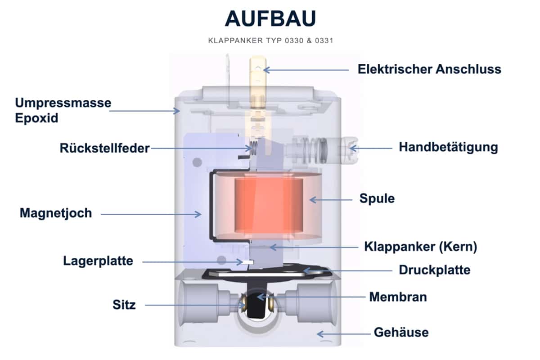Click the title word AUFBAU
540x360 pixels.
click(x=270, y=19)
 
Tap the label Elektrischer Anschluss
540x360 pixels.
click(x=429, y=69)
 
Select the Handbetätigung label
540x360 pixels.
click(x=448, y=147)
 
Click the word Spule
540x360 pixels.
click(x=377, y=198)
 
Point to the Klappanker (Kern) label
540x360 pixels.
click(x=420, y=247)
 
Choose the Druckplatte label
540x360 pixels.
click(x=434, y=270)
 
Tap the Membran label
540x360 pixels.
click(x=398, y=297)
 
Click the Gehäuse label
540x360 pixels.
click(x=401, y=333)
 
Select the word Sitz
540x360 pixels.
click(x=124, y=305)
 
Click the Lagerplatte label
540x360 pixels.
click(x=98, y=261)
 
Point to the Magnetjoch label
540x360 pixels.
click(x=56, y=213)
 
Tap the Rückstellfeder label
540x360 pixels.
click(x=104, y=148)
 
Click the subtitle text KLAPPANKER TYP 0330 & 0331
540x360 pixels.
click(x=270, y=40)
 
